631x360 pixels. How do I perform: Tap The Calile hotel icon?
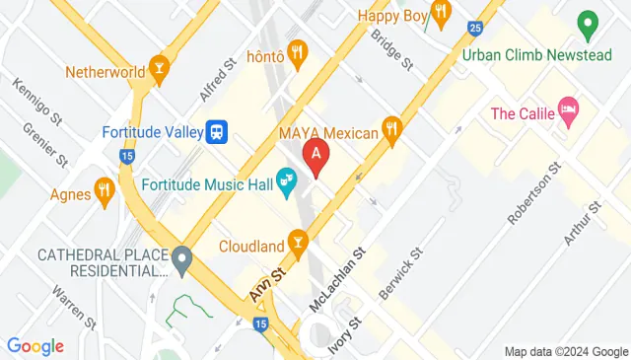click(567, 113)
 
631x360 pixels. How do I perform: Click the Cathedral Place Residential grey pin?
click(181, 261)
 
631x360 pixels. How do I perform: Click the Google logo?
click(35, 346)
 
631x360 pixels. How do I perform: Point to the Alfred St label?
click(219, 79)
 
